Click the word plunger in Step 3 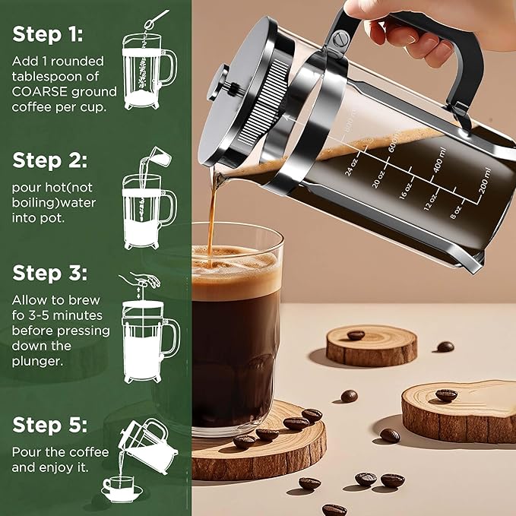coord(36,361)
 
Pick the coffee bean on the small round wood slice coord(356,334)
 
